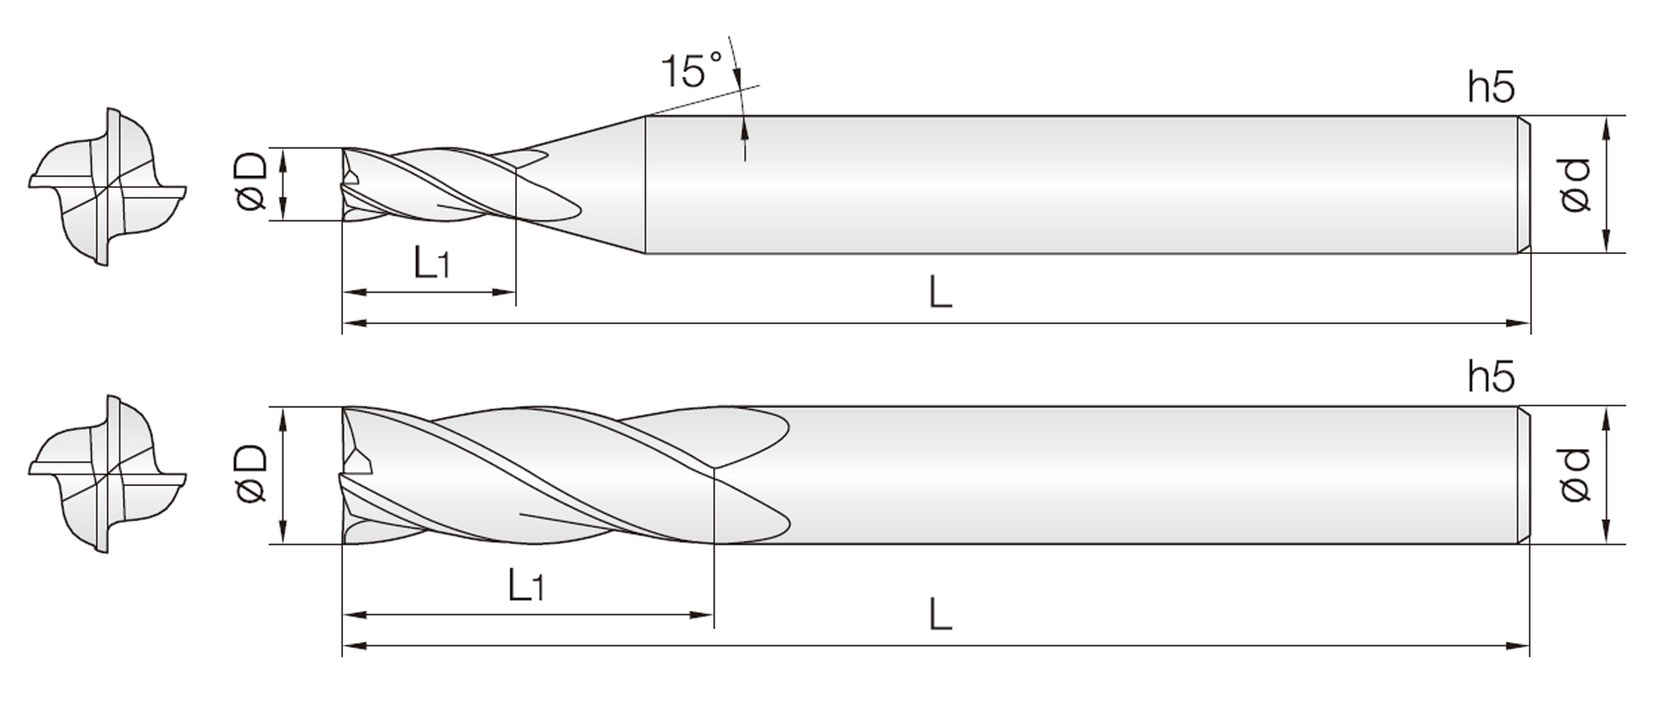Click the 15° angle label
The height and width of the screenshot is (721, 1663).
(691, 69)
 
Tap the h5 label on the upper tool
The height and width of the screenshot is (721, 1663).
(1491, 88)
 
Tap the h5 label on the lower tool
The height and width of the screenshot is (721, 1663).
(1491, 377)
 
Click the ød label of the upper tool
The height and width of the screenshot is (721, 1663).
(1575, 185)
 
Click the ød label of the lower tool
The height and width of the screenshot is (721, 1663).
(1575, 475)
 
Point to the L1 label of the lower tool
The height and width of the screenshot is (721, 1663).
(525, 585)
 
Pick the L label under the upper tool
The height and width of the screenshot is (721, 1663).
(940, 293)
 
